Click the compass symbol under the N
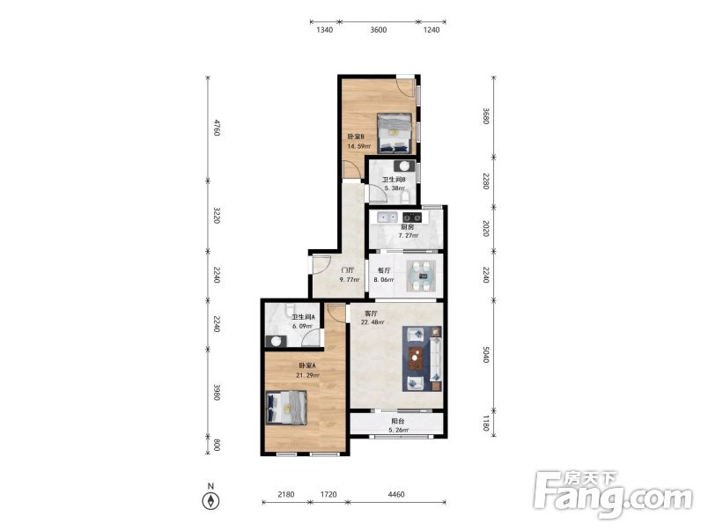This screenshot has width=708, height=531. pyautogui.click(x=210, y=501)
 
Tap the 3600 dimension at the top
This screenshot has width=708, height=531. pyautogui.click(x=379, y=30)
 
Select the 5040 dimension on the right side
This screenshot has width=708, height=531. pyautogui.click(x=485, y=355)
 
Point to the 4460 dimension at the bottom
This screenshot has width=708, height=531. pyautogui.click(x=396, y=494)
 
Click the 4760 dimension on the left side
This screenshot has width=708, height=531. pyautogui.click(x=217, y=128)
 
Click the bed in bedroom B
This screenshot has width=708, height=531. pyautogui.click(x=395, y=133)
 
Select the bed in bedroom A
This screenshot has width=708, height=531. pyautogui.click(x=287, y=408)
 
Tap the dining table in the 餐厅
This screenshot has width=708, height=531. pyautogui.click(x=424, y=275)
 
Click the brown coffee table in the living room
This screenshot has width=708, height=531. pyautogui.click(x=416, y=358)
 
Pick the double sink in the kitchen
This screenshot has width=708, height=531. pyautogui.click(x=387, y=218)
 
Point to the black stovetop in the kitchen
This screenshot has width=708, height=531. pyautogui.click(x=412, y=218)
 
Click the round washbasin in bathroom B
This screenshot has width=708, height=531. pyautogui.click(x=404, y=166)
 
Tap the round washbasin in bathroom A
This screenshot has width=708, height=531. pyautogui.click(x=276, y=341)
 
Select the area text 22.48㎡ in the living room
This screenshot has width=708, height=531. pyautogui.click(x=372, y=322)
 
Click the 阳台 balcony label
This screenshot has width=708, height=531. pyautogui.click(x=398, y=421)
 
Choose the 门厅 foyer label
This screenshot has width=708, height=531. pyautogui.click(x=347, y=270)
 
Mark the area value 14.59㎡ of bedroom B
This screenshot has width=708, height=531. pyautogui.click(x=359, y=146)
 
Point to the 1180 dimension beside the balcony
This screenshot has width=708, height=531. pyautogui.click(x=485, y=424)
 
